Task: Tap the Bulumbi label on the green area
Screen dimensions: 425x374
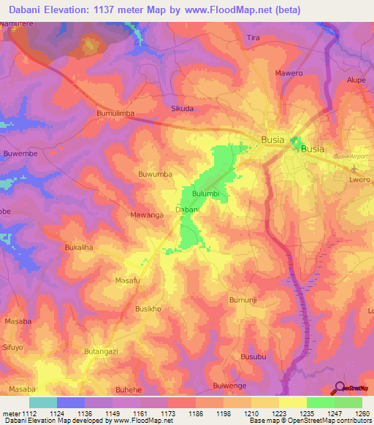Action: [206, 194]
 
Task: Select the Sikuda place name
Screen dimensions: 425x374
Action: [182, 108]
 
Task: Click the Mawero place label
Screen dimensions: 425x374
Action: [289, 74]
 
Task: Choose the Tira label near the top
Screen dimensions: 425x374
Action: [274, 37]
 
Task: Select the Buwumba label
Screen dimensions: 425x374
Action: [156, 175]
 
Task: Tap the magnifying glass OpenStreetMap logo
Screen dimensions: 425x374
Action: [339, 388]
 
